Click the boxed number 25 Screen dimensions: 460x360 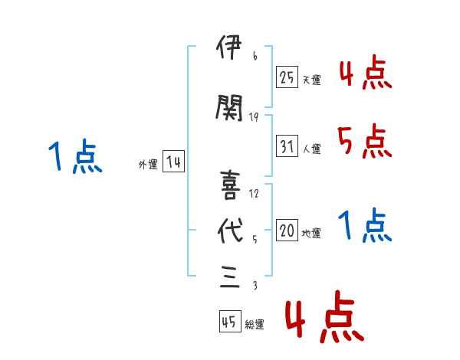pyautogui.click(x=287, y=77)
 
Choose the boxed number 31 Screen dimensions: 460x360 pyautogui.click(x=287, y=146)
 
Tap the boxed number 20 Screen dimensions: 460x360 pyautogui.click(x=287, y=230)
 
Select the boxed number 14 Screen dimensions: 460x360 pyautogui.click(x=172, y=162)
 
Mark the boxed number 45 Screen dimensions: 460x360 pyautogui.click(x=229, y=322)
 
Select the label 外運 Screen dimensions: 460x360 pyautogui.click(x=147, y=165)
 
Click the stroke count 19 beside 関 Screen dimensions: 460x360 pyautogui.click(x=255, y=117)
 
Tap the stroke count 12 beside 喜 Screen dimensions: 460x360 pyautogui.click(x=255, y=193)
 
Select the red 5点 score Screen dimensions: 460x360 pyautogui.click(x=364, y=142)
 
